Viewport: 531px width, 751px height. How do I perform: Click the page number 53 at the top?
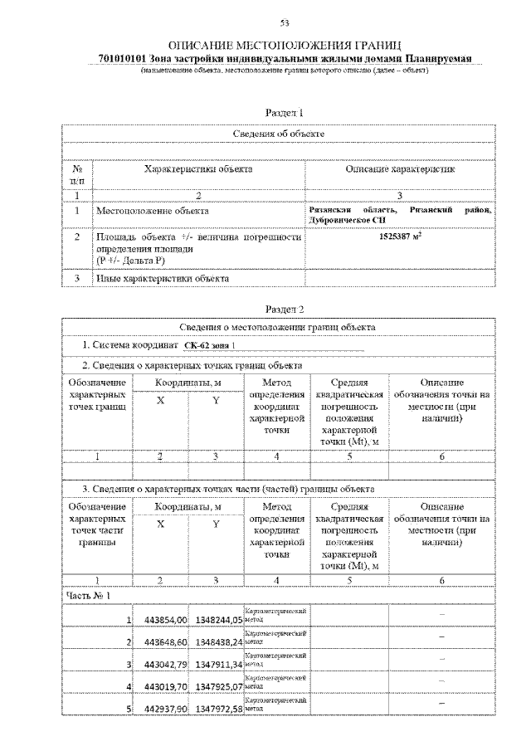[284, 22]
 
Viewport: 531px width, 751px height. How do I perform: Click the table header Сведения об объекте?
[278, 134]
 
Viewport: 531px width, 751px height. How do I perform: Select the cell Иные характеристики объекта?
[162, 278]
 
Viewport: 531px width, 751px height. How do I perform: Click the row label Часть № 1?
[87, 595]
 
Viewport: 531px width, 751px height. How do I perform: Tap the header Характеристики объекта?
[198, 169]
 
